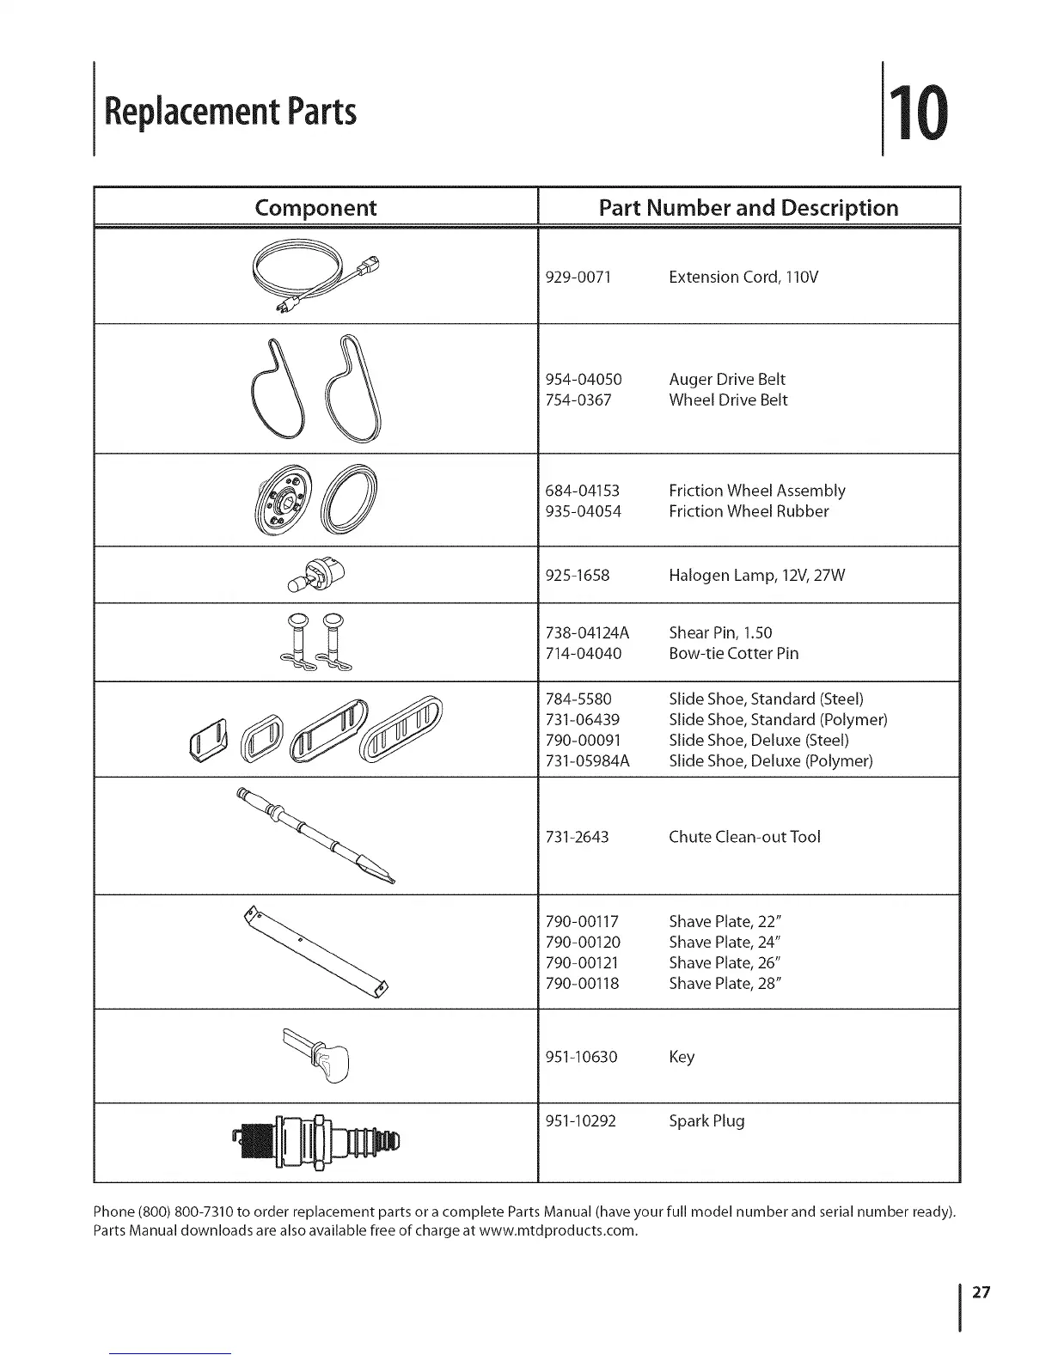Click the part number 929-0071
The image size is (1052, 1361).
pyautogui.click(x=578, y=278)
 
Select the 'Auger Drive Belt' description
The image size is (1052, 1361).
pyautogui.click(x=726, y=380)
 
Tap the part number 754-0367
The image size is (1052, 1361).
pyautogui.click(x=578, y=400)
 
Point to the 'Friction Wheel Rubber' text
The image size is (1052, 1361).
pyautogui.click(x=749, y=512)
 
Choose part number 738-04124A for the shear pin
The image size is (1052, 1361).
pyautogui.click(x=588, y=633)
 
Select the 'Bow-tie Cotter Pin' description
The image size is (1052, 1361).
pyautogui.click(x=733, y=654)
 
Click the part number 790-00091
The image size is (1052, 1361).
pyautogui.click(x=584, y=741)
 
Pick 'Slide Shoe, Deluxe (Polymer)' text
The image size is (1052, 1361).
pyautogui.click(x=770, y=761)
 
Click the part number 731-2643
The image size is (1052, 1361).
pyautogui.click(x=578, y=837)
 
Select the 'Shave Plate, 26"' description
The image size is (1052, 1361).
pyautogui.click(x=724, y=963)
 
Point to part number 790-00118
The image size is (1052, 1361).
pyautogui.click(x=583, y=984)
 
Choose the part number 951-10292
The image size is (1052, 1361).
pyautogui.click(x=581, y=1121)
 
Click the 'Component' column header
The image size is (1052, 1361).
pyautogui.click(x=315, y=208)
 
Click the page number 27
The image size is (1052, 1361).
pyautogui.click(x=982, y=1292)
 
